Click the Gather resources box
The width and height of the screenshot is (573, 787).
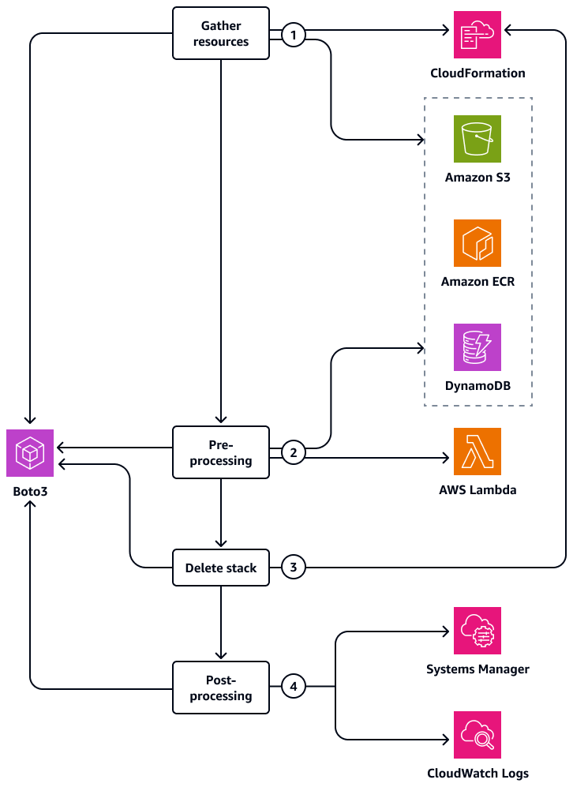220,34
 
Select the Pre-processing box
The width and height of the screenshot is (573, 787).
220,452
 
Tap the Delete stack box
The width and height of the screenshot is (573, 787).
220,568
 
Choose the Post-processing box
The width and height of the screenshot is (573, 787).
220,688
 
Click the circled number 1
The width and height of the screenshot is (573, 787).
294,35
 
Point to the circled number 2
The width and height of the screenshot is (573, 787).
294,452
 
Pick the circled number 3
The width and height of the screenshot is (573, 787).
294,568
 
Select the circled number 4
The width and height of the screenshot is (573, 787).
294,687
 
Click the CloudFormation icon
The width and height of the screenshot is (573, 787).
477,35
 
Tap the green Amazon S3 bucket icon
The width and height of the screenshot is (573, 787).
477,139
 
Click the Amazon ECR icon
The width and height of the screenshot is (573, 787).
477,243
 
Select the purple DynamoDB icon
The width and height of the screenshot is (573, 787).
477,347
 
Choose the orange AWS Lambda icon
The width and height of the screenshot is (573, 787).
477,452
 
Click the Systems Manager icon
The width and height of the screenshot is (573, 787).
477,631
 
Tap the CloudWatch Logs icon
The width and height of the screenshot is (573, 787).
477,735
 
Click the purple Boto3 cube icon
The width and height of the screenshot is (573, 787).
30,453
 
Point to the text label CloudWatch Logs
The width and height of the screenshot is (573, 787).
477,774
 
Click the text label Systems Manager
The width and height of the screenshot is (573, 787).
477,669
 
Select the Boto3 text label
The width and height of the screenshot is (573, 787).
30,490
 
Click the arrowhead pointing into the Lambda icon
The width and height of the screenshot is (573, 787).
445,457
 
